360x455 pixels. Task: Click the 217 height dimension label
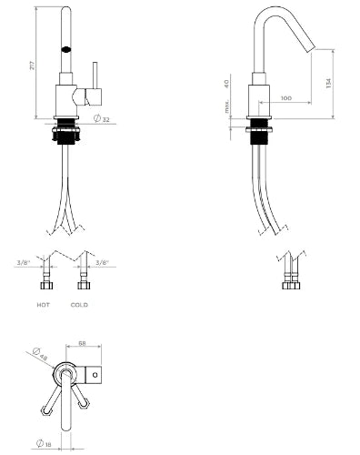[x=32, y=66]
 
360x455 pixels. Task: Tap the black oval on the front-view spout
[x=66, y=49]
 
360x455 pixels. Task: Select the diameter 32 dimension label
[x=102, y=119]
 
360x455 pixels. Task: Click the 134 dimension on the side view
[x=329, y=83]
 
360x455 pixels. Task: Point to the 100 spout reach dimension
[x=286, y=98]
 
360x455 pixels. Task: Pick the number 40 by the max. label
[x=226, y=84]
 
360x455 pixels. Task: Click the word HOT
[x=44, y=305]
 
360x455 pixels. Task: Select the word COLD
[x=79, y=305]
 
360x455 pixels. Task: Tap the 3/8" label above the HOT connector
[x=24, y=263]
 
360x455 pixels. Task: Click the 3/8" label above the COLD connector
[x=102, y=263]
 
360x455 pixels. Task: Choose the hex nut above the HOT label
[x=46, y=285]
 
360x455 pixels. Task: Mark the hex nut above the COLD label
[x=84, y=285]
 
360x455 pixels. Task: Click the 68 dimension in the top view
[x=82, y=343]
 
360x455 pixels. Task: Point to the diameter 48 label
[x=40, y=354]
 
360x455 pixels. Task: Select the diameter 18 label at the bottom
[x=44, y=444]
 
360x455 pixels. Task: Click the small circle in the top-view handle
[x=95, y=375]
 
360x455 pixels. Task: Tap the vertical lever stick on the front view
[x=95, y=76]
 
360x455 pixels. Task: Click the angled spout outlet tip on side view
[x=312, y=50]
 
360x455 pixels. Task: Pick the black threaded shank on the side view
[x=259, y=131]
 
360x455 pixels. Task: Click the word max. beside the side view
[x=226, y=106]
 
